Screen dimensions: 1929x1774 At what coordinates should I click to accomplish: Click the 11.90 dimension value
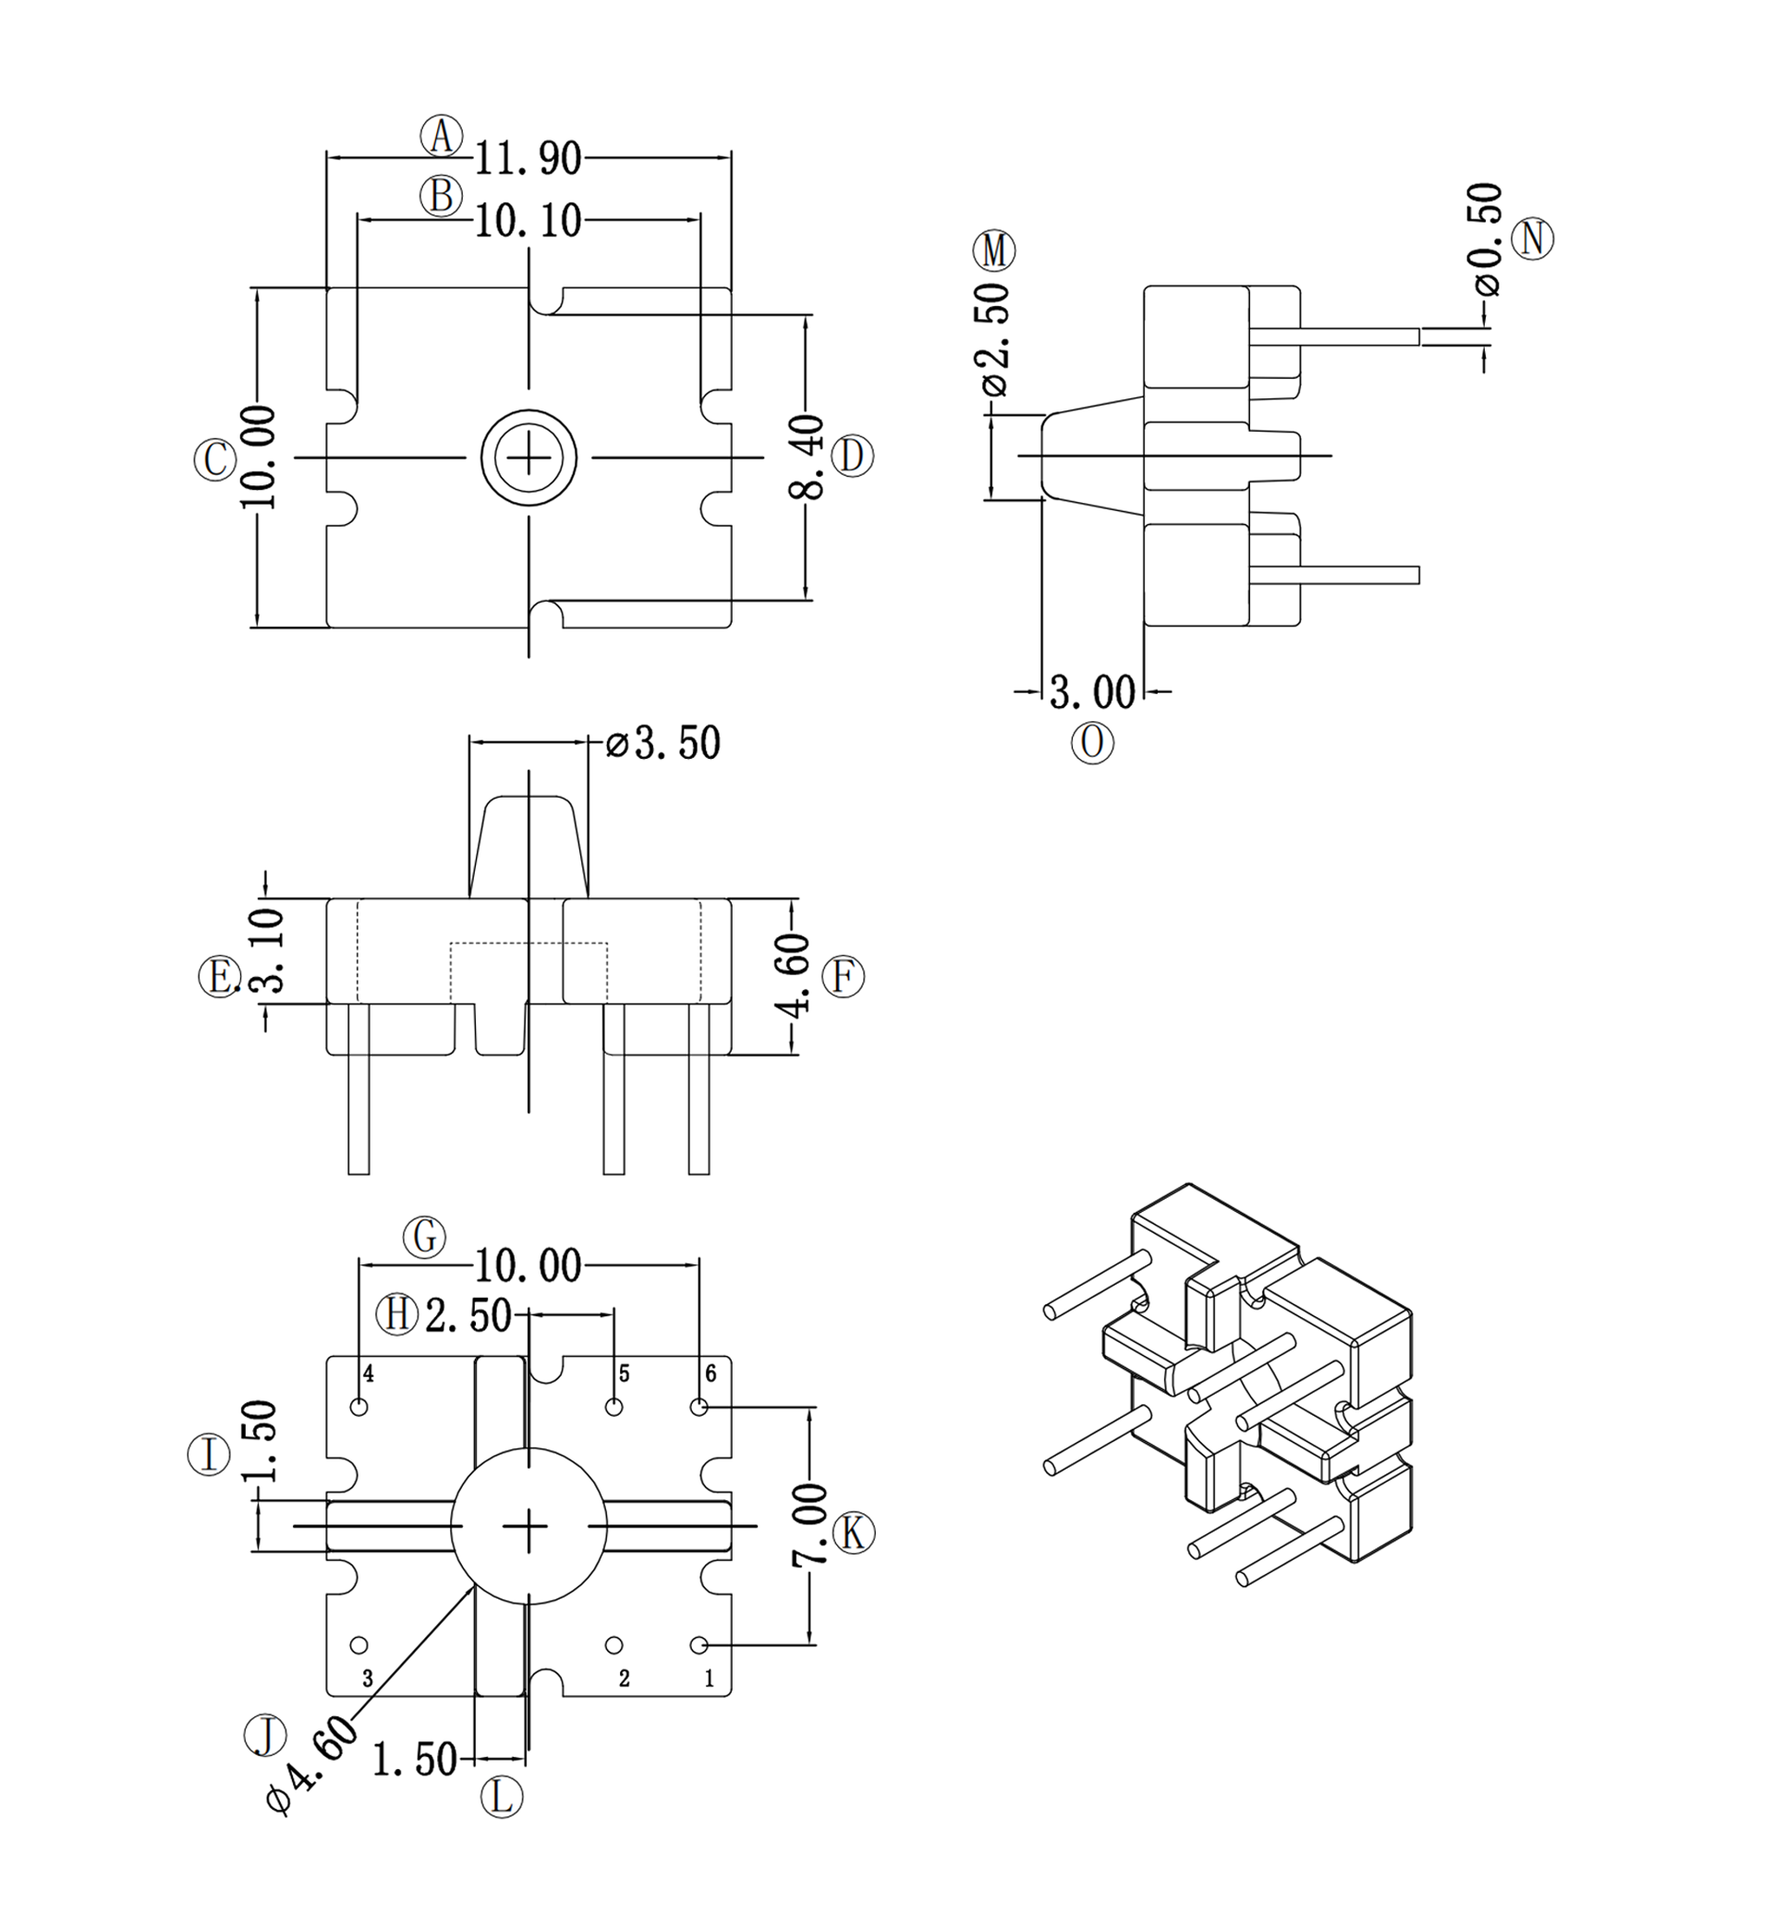528,158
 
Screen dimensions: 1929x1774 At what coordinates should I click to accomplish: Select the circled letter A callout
442,135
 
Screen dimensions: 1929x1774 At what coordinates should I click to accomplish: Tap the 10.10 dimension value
528,222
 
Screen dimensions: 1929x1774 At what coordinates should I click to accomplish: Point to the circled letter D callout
852,455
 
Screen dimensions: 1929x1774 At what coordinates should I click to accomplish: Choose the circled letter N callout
1532,238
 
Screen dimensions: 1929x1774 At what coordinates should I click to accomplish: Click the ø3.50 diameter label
664,743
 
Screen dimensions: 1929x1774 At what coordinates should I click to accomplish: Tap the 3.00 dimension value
1092,692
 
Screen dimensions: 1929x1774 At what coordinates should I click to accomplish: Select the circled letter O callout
1092,742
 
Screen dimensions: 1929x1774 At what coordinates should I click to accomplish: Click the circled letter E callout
219,978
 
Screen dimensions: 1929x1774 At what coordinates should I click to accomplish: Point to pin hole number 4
360,1408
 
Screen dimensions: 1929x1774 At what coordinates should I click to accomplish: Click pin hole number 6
699,1408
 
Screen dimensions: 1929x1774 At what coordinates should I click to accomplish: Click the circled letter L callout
501,1797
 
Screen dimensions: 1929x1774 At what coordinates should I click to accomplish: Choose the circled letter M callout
993,250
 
